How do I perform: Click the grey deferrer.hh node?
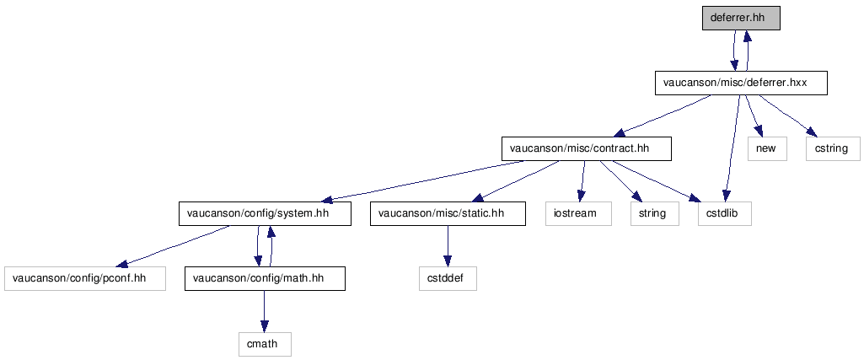(x=741, y=18)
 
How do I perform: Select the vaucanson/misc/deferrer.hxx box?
(x=741, y=83)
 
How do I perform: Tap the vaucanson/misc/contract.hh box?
(x=587, y=148)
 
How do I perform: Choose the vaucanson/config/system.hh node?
(x=265, y=213)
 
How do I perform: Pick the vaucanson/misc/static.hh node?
(x=448, y=213)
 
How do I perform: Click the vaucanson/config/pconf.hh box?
(x=85, y=278)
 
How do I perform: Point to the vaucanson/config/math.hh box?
(x=265, y=278)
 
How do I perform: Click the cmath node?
(x=265, y=344)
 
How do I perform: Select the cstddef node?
(x=448, y=278)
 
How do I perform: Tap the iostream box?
(x=578, y=213)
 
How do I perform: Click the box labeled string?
(x=655, y=213)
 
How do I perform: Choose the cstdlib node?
(x=725, y=213)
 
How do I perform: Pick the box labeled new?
(x=767, y=148)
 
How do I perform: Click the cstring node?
(x=833, y=148)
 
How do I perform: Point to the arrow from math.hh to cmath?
(x=265, y=311)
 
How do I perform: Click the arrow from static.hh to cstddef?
(x=448, y=246)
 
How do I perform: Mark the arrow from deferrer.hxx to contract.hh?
(x=663, y=116)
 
